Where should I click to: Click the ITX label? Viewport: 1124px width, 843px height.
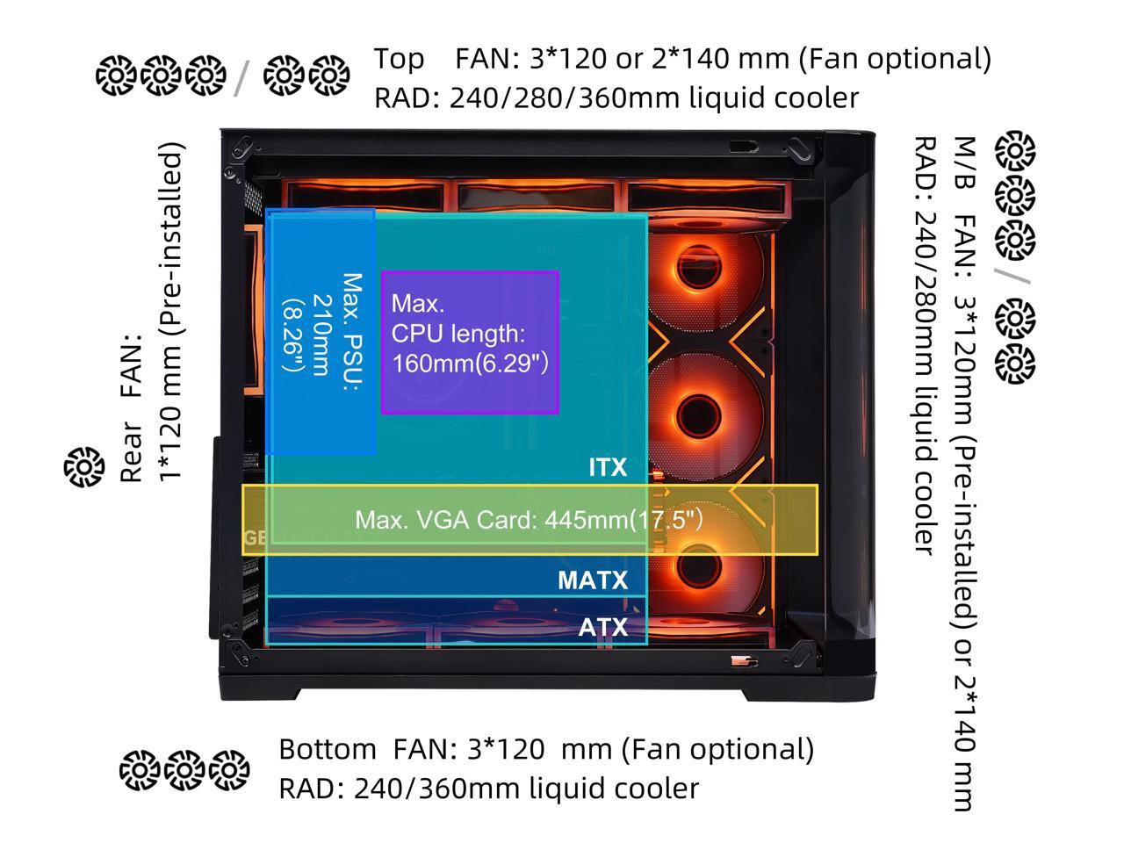(x=608, y=467)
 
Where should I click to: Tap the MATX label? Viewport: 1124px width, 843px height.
(x=593, y=580)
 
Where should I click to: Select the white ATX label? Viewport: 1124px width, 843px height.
(x=602, y=627)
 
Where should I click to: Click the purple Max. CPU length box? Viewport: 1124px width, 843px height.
(x=470, y=342)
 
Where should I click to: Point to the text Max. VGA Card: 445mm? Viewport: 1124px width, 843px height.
(x=492, y=520)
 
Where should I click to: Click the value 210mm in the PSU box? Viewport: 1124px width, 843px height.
(x=322, y=335)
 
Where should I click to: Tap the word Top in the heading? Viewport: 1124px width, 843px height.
(x=399, y=60)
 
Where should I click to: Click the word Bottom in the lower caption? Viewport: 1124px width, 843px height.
(x=328, y=749)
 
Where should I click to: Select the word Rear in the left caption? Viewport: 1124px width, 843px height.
(x=131, y=452)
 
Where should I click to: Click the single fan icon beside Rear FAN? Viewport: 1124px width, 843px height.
(x=84, y=467)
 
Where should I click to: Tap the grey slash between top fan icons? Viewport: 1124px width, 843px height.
(x=241, y=78)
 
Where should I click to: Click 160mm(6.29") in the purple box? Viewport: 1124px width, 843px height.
(x=470, y=364)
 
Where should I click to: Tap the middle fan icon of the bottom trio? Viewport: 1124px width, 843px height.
(x=184, y=770)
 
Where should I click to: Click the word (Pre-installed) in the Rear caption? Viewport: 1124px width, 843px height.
(x=170, y=238)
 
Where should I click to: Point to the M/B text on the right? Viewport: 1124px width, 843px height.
(x=964, y=162)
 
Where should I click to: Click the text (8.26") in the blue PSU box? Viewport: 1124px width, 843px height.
(x=294, y=335)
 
